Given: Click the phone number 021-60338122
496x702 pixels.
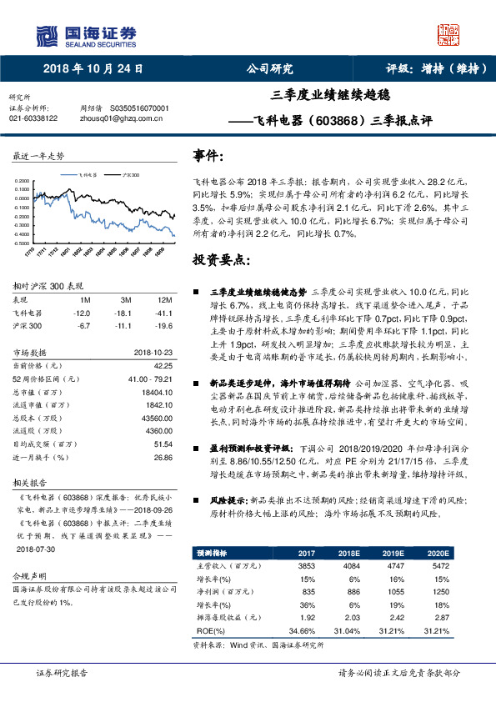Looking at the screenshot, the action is tap(33, 118).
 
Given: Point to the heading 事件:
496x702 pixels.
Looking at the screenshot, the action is tap(208, 156).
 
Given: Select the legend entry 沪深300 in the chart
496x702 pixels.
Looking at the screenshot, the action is tap(132, 176).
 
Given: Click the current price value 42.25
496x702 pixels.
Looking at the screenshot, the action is tap(163, 364).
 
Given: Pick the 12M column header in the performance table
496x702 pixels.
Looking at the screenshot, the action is tap(163, 299).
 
